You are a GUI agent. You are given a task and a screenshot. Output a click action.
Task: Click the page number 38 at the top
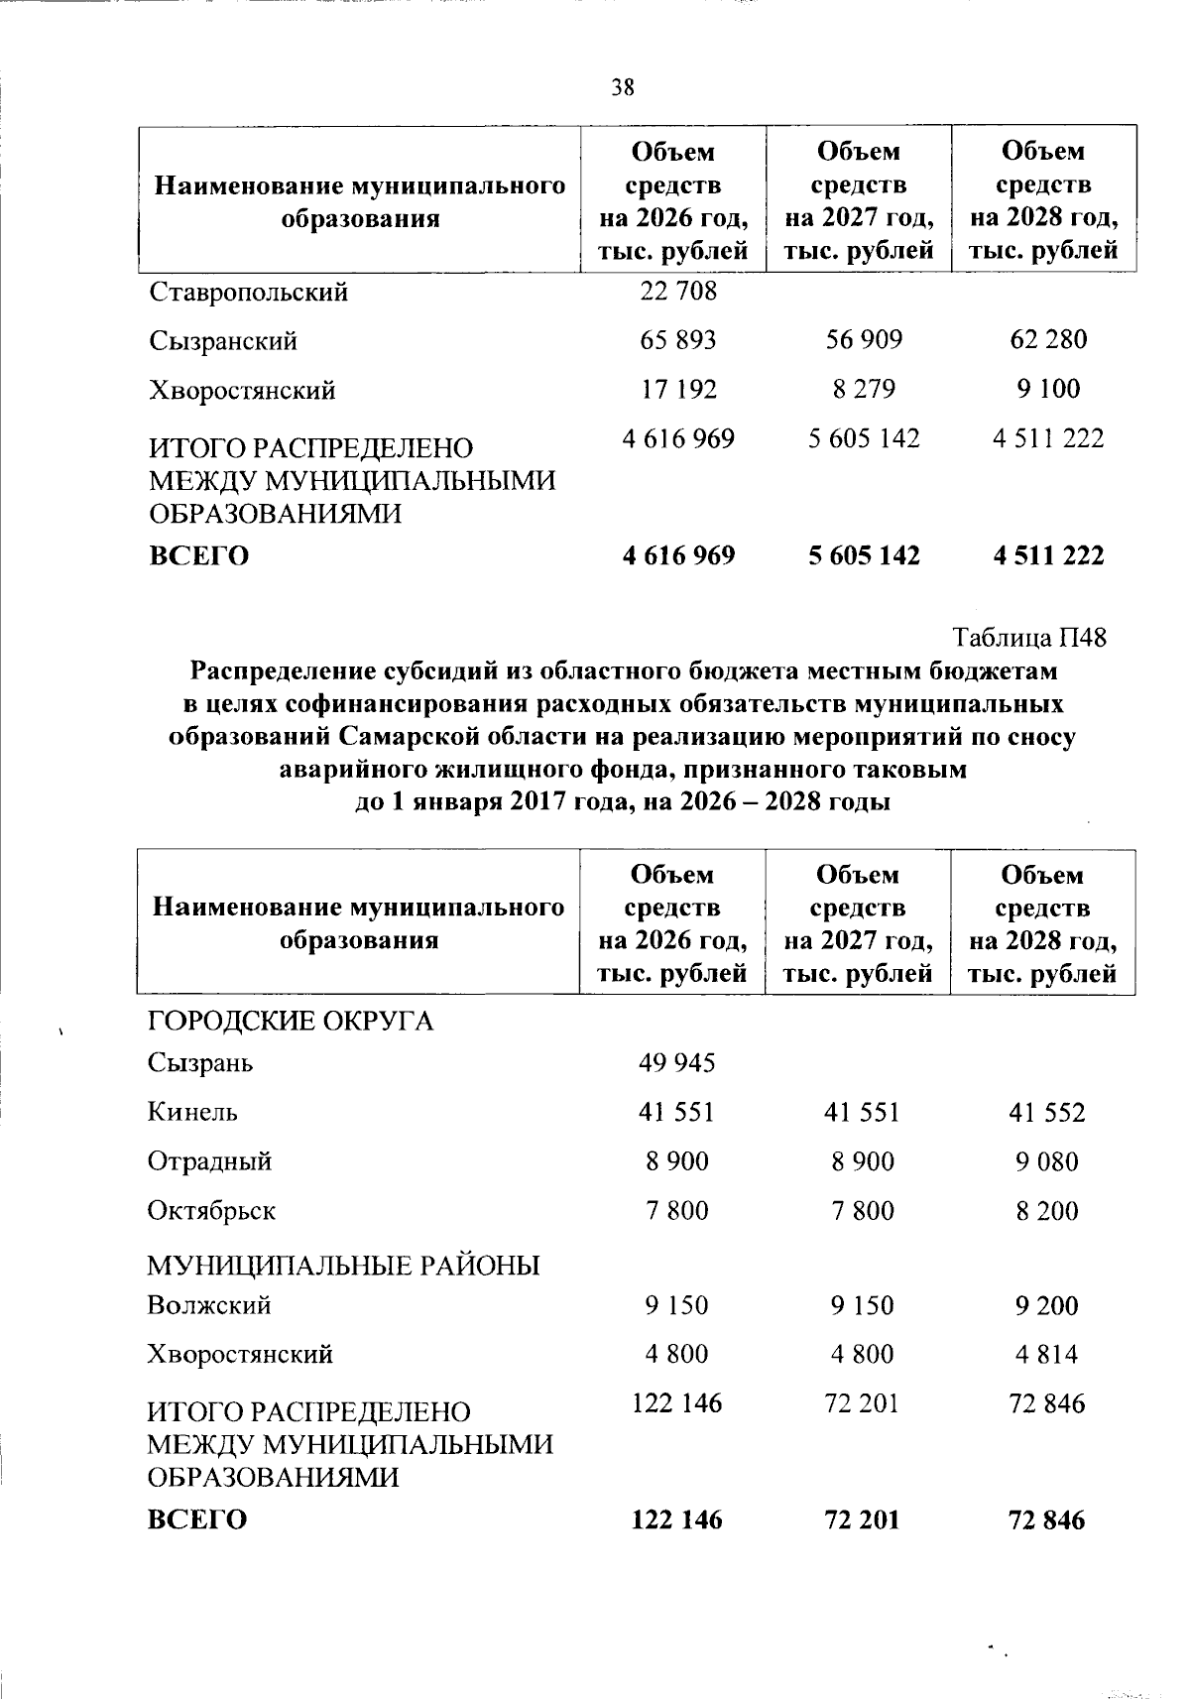[x=623, y=87]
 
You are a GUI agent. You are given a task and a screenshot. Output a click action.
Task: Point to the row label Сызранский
[x=223, y=341]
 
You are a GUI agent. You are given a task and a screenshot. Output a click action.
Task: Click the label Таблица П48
[x=1029, y=637]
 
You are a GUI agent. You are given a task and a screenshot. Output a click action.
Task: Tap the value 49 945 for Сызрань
[x=677, y=1063]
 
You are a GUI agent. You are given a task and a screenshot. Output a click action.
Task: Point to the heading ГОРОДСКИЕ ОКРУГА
[x=291, y=1021]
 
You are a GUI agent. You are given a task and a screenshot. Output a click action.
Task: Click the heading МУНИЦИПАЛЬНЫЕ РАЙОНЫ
[x=343, y=1266]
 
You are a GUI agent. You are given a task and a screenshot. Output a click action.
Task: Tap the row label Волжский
[x=209, y=1305]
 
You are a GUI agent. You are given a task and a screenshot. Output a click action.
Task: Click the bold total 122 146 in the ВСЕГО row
[x=677, y=1519]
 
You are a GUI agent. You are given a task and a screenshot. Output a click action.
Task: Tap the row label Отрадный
[x=209, y=1161]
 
